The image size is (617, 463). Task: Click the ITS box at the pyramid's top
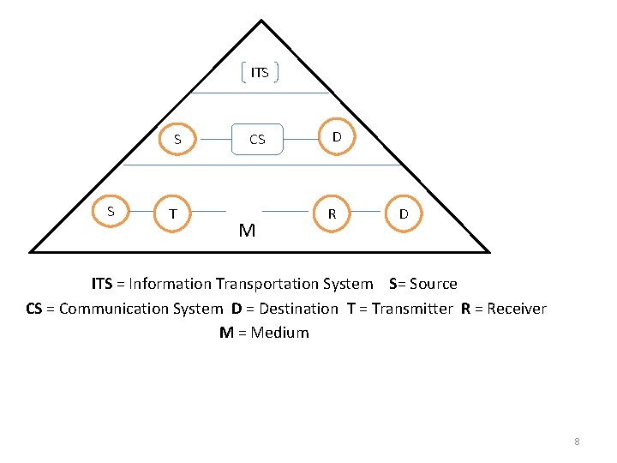click(x=260, y=73)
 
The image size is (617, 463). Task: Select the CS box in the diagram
click(x=257, y=138)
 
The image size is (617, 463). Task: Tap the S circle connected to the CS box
click(x=177, y=138)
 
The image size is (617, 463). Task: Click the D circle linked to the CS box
click(x=337, y=135)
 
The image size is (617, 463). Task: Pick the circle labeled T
click(x=174, y=213)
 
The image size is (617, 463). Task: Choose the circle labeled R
click(x=332, y=213)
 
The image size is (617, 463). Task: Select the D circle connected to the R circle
click(x=403, y=213)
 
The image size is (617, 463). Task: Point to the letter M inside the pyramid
click(x=248, y=230)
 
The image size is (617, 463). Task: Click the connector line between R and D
click(x=367, y=211)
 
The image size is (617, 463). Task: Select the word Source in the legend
click(x=434, y=284)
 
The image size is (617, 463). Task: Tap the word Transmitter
click(x=411, y=309)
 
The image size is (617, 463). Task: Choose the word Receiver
click(x=516, y=309)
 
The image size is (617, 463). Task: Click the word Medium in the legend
click(x=279, y=333)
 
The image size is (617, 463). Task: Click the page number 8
click(x=577, y=442)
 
